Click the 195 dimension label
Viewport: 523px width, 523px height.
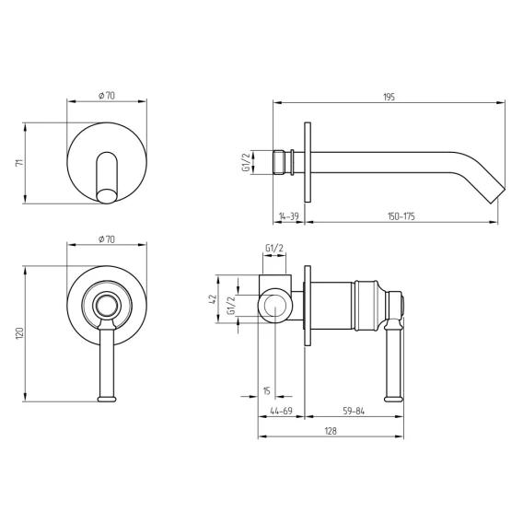(389, 97)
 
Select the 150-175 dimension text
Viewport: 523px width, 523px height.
(401, 216)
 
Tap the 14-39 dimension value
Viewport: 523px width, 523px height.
(289, 216)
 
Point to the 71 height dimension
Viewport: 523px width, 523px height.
(20, 163)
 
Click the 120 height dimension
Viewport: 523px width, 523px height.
(19, 333)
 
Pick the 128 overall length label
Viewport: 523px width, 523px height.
(331, 431)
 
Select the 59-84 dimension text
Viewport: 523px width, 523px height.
(354, 411)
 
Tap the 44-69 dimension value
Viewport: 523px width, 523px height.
(281, 411)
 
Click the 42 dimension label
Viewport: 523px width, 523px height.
(213, 298)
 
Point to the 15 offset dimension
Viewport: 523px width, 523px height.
(266, 390)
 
